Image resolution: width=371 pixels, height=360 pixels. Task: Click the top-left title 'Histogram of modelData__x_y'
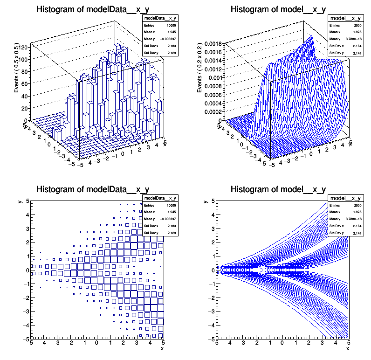click(93, 9)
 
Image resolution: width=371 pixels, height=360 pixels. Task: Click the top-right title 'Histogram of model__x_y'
click(278, 9)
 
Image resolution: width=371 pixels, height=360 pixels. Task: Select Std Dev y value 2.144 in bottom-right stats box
click(356, 232)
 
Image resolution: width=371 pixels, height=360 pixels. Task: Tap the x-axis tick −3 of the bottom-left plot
click(56, 344)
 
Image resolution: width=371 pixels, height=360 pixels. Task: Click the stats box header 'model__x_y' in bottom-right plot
click(345, 199)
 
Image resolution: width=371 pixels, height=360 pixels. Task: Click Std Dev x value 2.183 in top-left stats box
click(171, 46)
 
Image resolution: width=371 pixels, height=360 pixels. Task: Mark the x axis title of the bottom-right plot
click(347, 348)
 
